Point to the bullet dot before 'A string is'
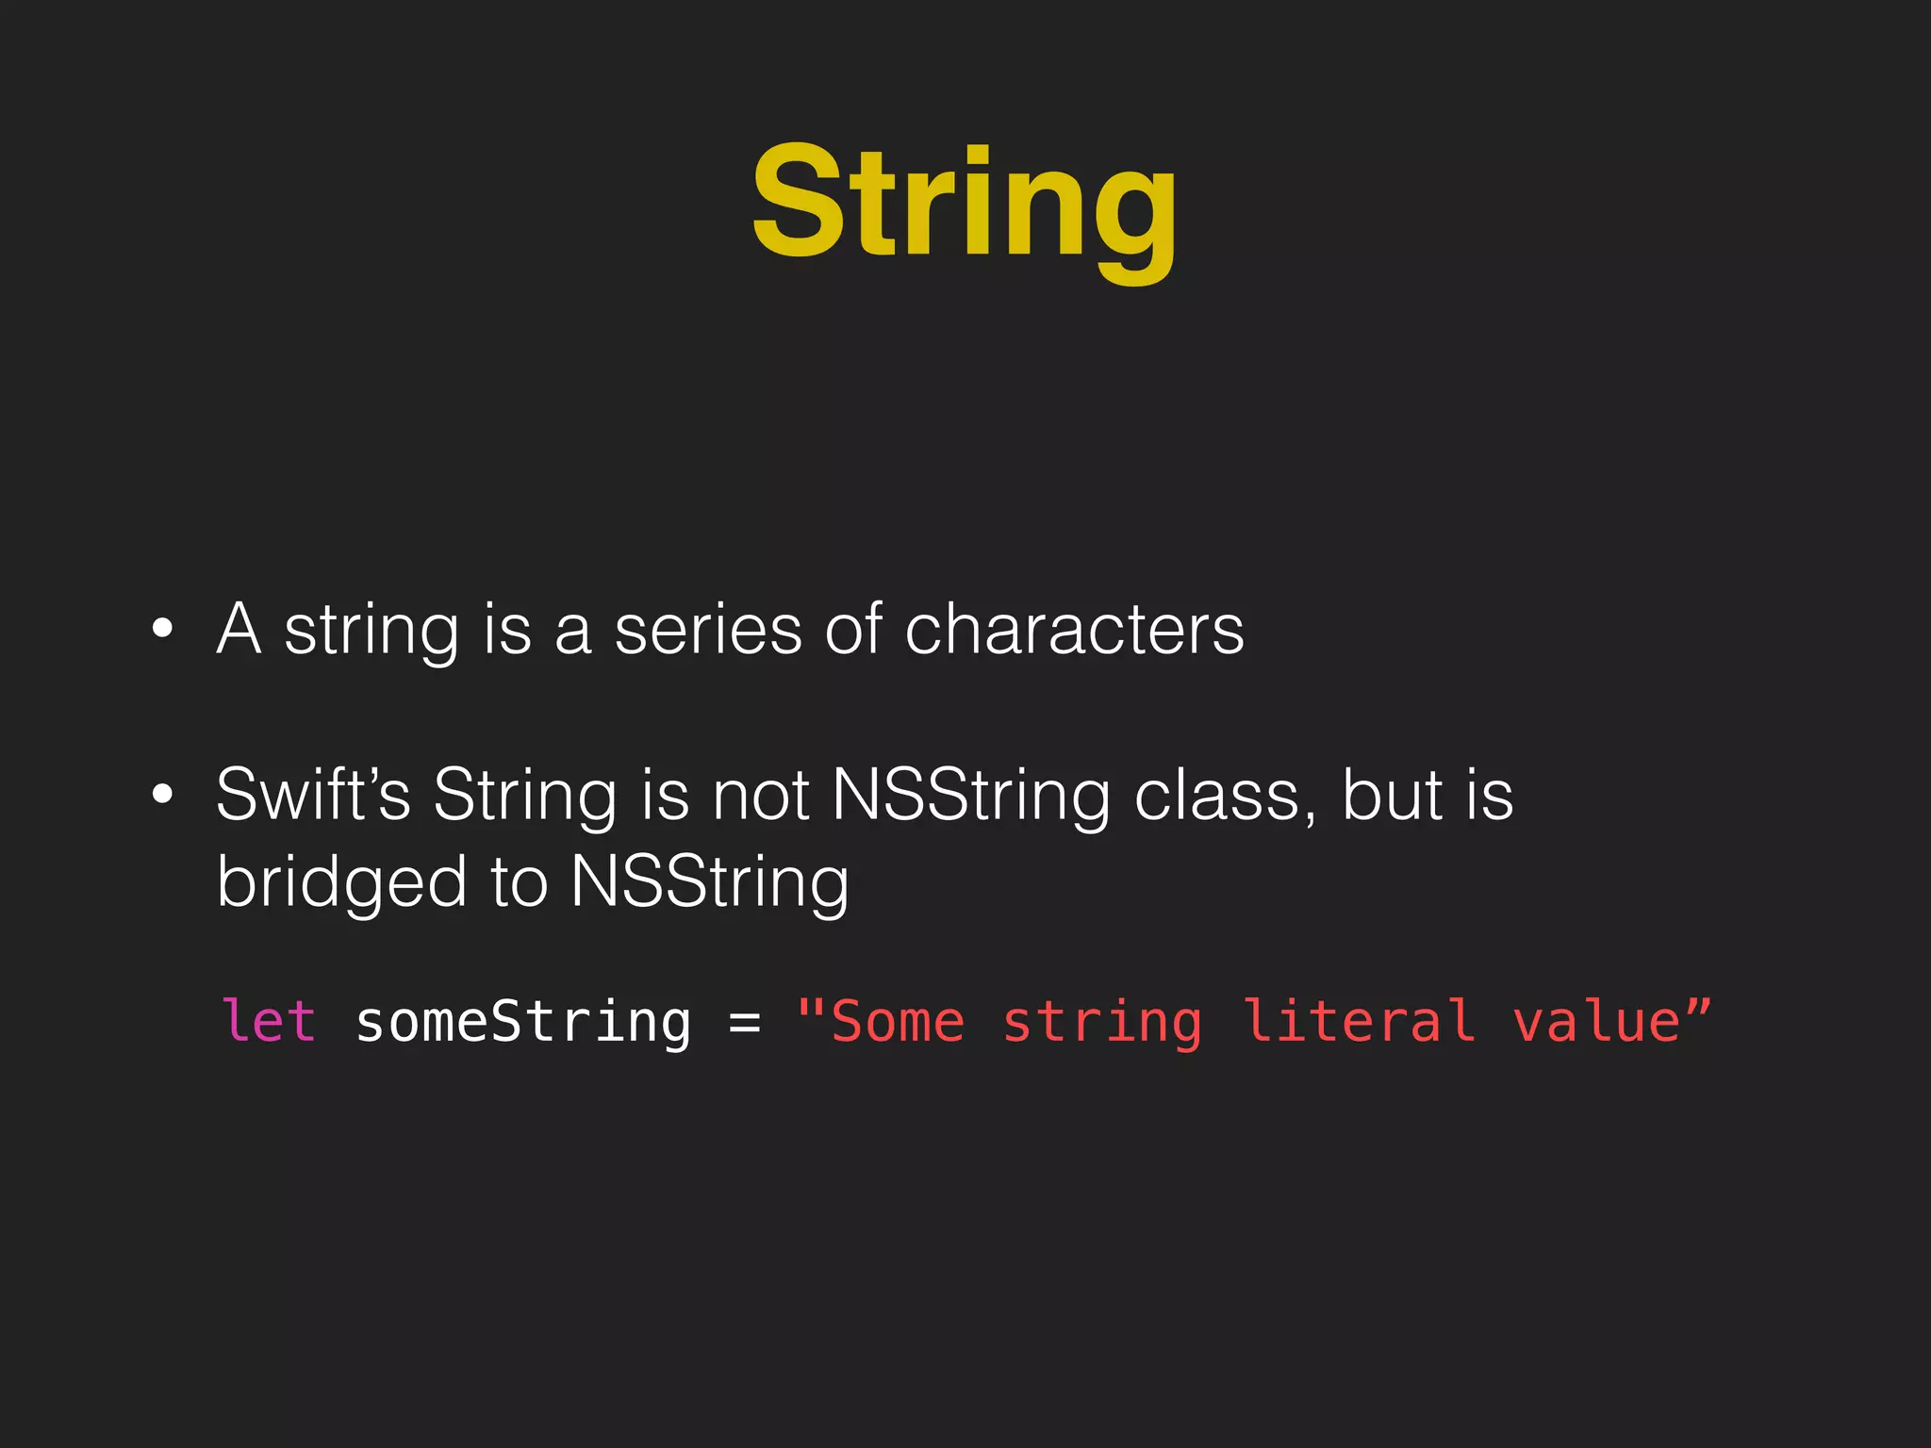click(163, 629)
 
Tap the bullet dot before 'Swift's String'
click(163, 795)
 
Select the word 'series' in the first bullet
click(708, 629)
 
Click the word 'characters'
click(1074, 629)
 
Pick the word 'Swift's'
click(313, 795)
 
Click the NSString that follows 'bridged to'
click(709, 882)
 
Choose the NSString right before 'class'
click(971, 795)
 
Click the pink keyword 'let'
click(269, 1022)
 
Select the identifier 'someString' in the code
click(523, 1022)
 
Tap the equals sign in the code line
click(744, 1022)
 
